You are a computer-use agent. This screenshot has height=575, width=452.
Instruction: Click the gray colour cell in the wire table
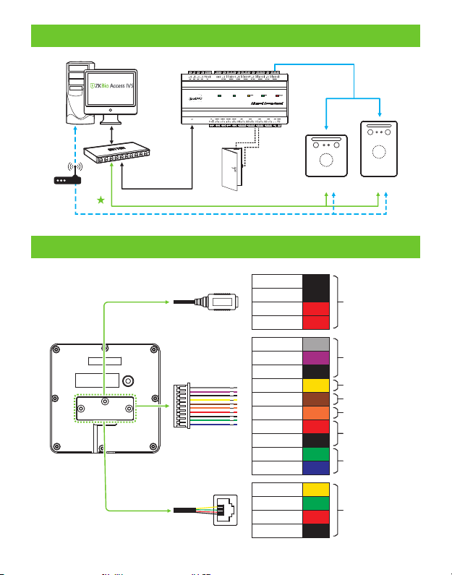click(316, 344)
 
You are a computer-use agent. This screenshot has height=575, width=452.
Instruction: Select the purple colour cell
click(316, 358)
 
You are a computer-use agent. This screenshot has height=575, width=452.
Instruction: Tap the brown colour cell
click(316, 399)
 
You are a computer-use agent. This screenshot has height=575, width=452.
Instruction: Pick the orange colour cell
click(316, 413)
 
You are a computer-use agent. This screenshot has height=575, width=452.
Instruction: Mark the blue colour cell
click(316, 468)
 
